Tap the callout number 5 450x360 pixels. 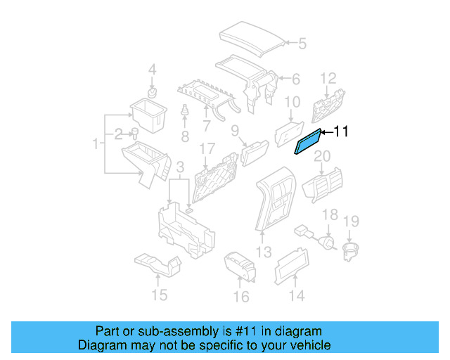(302, 44)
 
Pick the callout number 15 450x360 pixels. (160, 295)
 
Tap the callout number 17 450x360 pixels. (206, 149)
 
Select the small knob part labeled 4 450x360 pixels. (151, 94)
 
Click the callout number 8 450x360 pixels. (185, 135)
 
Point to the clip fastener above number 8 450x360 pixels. (185, 113)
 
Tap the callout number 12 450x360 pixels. (329, 77)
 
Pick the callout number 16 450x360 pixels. (241, 297)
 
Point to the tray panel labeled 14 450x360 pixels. (289, 266)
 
